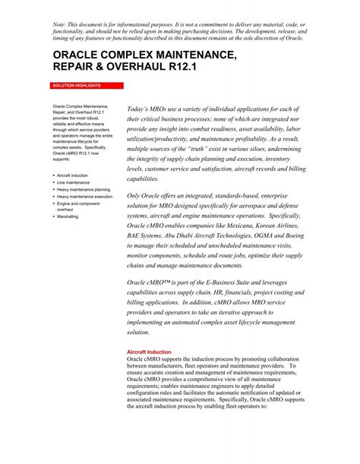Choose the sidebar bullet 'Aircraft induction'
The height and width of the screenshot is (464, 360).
click(x=72, y=175)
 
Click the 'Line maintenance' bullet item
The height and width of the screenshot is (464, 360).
click(x=72, y=182)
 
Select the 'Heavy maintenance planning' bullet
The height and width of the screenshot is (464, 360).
click(x=84, y=189)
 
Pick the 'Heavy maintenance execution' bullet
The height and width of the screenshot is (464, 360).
click(x=84, y=197)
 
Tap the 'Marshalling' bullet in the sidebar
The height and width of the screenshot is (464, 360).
click(x=69, y=217)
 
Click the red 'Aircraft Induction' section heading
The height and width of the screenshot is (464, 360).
click(x=148, y=352)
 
